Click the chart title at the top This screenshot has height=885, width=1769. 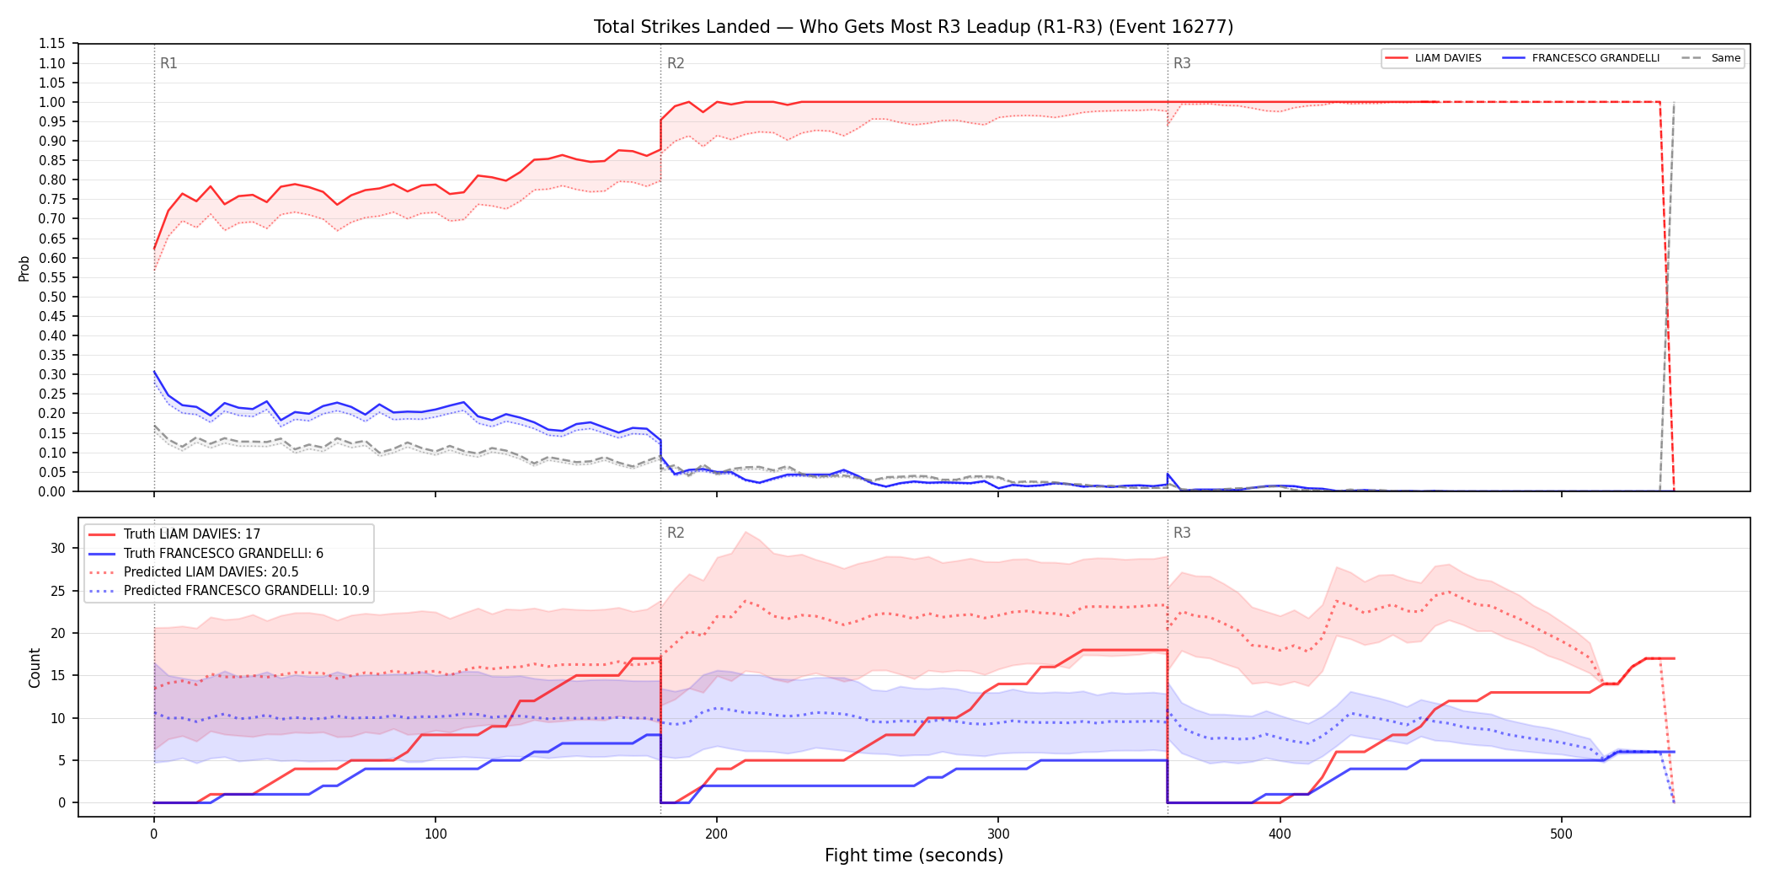click(913, 27)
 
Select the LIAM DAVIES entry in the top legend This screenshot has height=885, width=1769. click(1433, 58)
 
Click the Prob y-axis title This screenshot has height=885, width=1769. click(24, 268)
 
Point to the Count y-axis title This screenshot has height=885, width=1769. click(35, 668)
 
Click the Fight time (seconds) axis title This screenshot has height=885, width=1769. click(914, 855)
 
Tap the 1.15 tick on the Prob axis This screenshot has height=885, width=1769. click(51, 44)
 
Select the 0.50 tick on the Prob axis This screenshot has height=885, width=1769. click(51, 297)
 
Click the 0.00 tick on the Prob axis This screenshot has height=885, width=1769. click(51, 491)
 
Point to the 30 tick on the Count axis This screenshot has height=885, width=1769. click(57, 548)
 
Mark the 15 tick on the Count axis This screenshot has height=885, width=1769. click(57, 675)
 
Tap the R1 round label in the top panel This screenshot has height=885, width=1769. click(168, 63)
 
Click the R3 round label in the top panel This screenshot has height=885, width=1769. click(1182, 63)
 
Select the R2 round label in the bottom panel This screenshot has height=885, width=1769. click(676, 533)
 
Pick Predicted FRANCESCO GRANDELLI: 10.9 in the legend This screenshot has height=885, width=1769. click(229, 591)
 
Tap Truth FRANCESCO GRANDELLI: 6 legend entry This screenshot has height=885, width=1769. click(206, 554)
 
